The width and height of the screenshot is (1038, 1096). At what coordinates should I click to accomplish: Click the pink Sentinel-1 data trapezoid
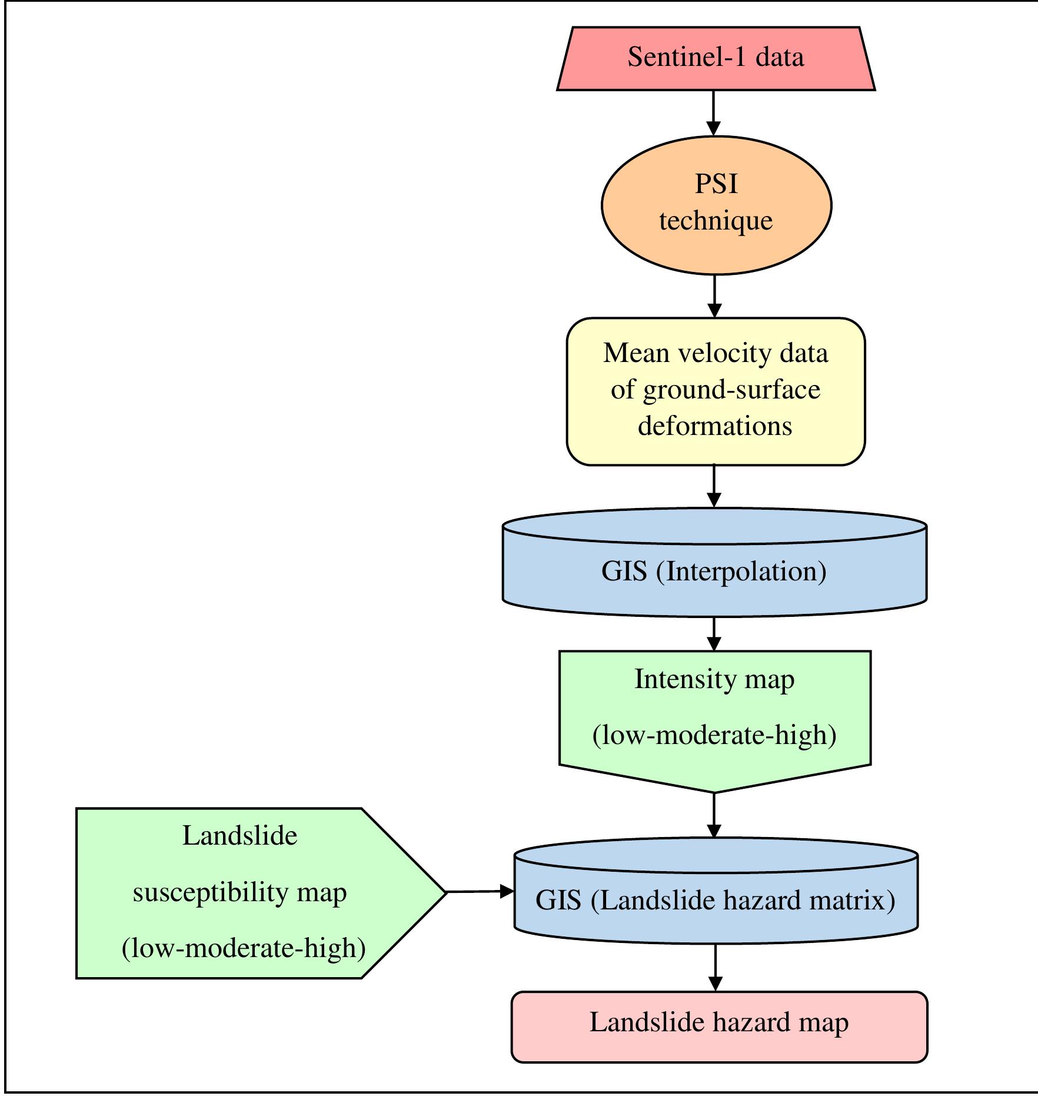[x=716, y=59]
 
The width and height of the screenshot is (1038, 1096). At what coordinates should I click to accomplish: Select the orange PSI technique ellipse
[x=716, y=205]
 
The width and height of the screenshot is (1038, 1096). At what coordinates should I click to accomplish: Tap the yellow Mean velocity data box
[x=716, y=391]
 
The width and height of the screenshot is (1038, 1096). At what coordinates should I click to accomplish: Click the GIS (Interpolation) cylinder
[x=714, y=571]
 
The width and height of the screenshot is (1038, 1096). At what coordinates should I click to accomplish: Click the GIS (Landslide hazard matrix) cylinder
[x=716, y=901]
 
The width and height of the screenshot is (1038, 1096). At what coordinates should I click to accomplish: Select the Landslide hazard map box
[x=719, y=1022]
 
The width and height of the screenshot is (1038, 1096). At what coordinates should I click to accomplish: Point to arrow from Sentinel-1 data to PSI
[x=713, y=113]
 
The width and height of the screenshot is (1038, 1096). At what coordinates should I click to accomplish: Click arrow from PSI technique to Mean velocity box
[x=714, y=296]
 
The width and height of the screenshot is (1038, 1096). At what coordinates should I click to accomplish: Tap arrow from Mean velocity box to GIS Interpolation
[x=714, y=486]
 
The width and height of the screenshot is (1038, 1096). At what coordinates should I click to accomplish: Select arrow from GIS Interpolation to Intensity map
[x=714, y=634]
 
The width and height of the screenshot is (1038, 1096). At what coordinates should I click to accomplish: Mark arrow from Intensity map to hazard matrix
[x=714, y=815]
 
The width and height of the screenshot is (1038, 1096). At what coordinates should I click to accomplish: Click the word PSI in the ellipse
[x=716, y=184]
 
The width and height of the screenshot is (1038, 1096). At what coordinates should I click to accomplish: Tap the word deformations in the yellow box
[x=715, y=426]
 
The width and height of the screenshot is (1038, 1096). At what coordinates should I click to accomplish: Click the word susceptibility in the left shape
[x=211, y=893]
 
